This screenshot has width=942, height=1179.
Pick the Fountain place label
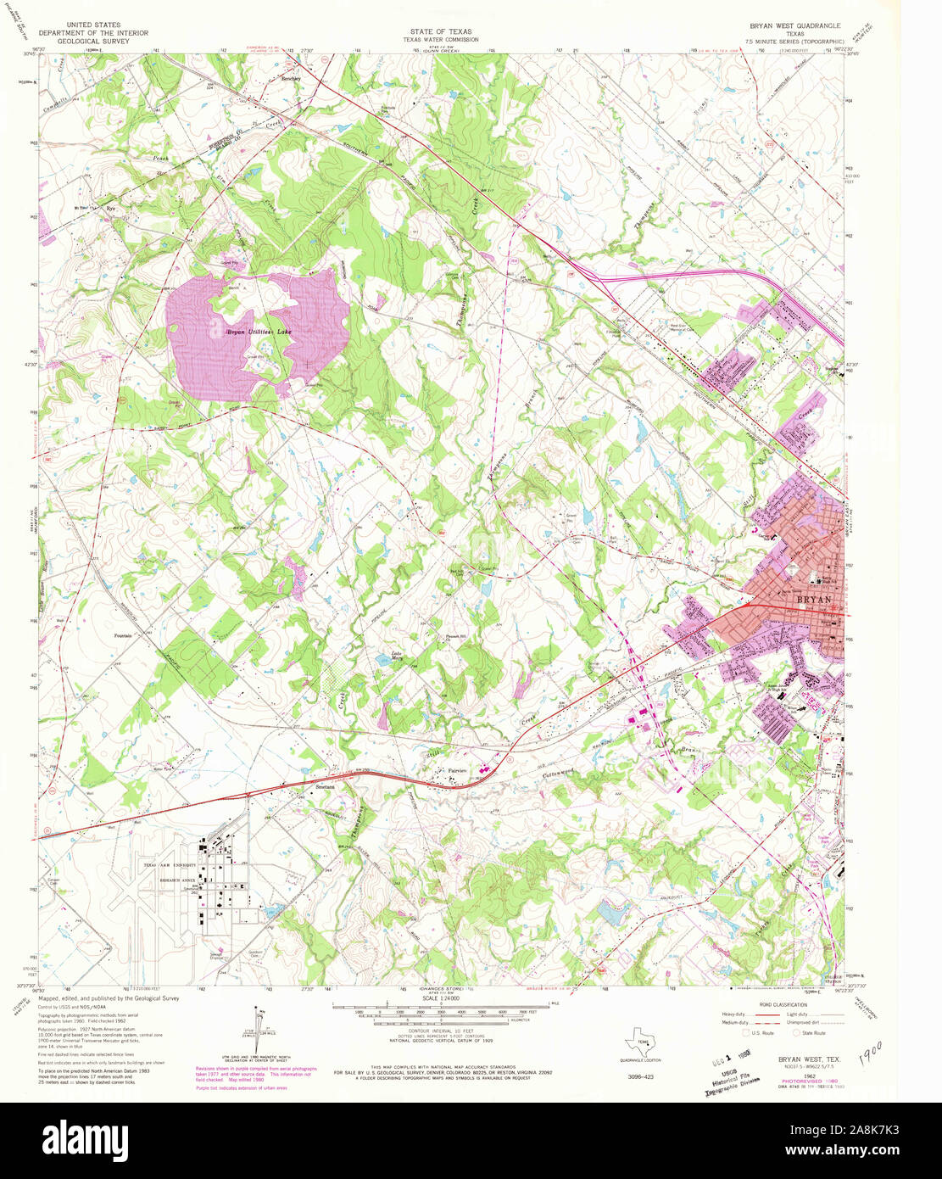125,634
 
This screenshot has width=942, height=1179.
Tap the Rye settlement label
109,207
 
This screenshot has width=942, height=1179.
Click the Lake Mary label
396,655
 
